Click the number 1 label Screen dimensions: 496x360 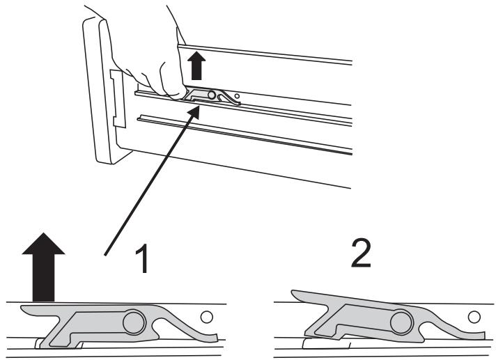pos(142,258)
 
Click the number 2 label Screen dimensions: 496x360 pos(361,253)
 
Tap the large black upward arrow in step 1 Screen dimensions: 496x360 pos(43,267)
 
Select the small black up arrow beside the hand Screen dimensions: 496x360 pos(196,65)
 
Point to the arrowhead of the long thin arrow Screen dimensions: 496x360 pos(194,111)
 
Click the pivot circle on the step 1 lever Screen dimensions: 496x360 pos(134,322)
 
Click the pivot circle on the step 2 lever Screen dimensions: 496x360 pos(402,323)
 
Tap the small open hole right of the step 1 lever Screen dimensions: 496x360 pos(207,317)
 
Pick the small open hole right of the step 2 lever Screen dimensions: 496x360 pos(474,317)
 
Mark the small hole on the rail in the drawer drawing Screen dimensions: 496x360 pos(237,96)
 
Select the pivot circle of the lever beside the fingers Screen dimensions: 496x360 pos(211,95)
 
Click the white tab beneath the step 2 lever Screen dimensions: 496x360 pos(326,344)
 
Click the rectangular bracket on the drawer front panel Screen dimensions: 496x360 pos(118,99)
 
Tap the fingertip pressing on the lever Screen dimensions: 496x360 pos(176,94)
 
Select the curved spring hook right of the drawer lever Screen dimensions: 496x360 pos(228,97)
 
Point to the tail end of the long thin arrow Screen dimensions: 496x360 pos(105,255)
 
